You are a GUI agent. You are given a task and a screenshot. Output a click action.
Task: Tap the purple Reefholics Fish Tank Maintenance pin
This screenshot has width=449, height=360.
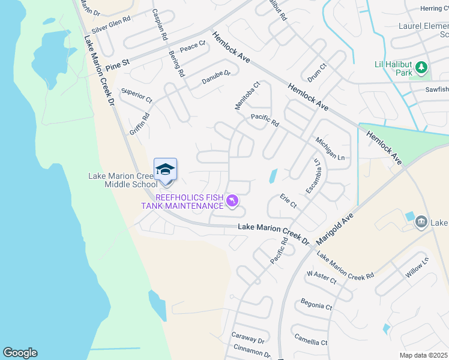tap(232, 200)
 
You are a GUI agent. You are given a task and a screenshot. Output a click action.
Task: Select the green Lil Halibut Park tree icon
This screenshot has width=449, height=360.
tap(421, 67)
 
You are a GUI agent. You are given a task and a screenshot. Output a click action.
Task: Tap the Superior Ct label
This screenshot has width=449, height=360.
tap(137, 95)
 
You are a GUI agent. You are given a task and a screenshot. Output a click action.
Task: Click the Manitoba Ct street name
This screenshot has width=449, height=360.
tap(247, 96)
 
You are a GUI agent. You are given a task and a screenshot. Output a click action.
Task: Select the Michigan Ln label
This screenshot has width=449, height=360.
tap(331, 148)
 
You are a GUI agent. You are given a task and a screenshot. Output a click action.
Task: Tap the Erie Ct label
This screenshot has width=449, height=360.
tap(289, 200)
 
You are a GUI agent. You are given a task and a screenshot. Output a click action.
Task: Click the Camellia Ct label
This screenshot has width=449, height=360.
tap(312, 339)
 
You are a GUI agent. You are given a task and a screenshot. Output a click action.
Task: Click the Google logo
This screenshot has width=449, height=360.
tap(20, 353)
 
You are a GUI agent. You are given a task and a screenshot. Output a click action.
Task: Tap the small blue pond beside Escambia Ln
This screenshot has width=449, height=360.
tap(273, 176)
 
